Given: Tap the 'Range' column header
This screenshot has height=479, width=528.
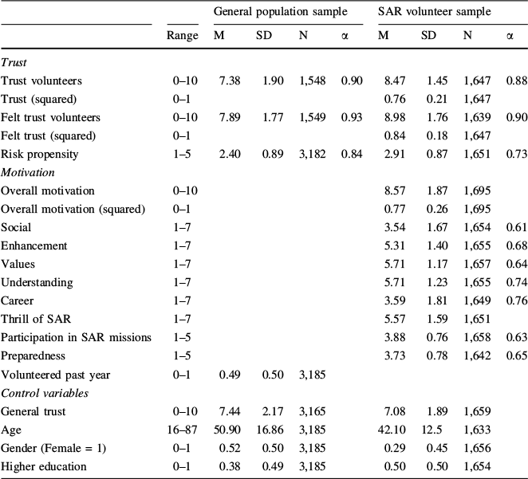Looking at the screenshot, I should (182, 36).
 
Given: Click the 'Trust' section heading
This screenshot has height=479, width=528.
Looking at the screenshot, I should (14, 61).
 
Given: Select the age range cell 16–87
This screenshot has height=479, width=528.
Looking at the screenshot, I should (182, 429).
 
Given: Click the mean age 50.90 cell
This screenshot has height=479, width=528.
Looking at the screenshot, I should (227, 429).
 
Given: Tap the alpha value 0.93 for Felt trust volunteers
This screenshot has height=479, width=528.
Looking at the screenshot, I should (351, 116).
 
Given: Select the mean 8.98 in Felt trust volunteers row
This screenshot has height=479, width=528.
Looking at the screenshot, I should (388, 116).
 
